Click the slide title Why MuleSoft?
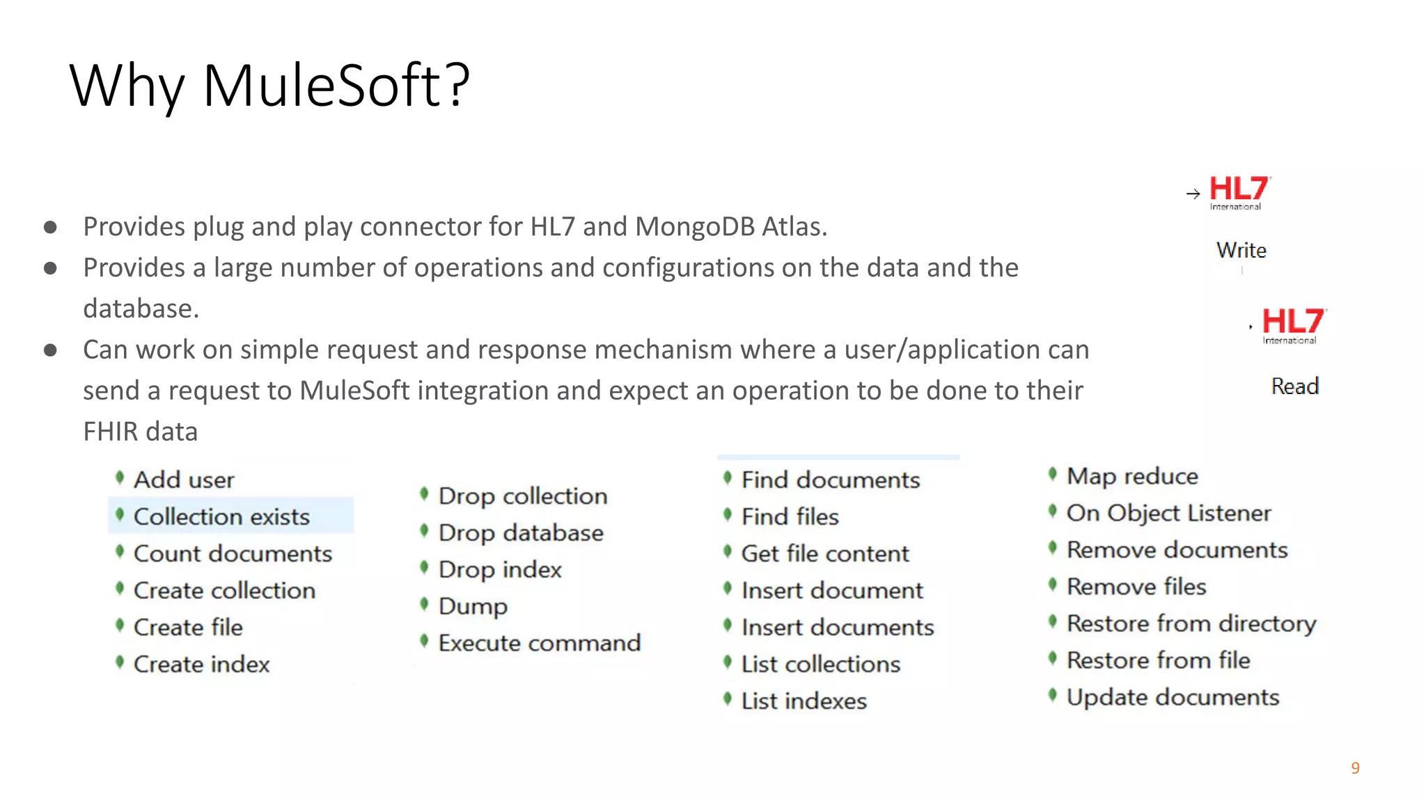tap(269, 86)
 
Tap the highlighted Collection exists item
tap(221, 517)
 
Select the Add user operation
tap(184, 480)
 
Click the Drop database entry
tap(521, 533)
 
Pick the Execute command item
tap(539, 643)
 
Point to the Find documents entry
tap(830, 480)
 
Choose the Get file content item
tap(825, 553)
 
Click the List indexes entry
tap(804, 701)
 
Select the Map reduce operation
tap(1132, 476)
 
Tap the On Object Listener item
tap(1168, 513)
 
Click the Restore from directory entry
tap(1191, 623)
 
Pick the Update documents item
tap(1173, 697)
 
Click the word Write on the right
tap(1241, 250)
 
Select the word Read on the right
tap(1294, 386)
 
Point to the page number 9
tap(1355, 768)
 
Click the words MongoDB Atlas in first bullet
tap(730, 227)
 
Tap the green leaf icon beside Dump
tap(424, 604)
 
